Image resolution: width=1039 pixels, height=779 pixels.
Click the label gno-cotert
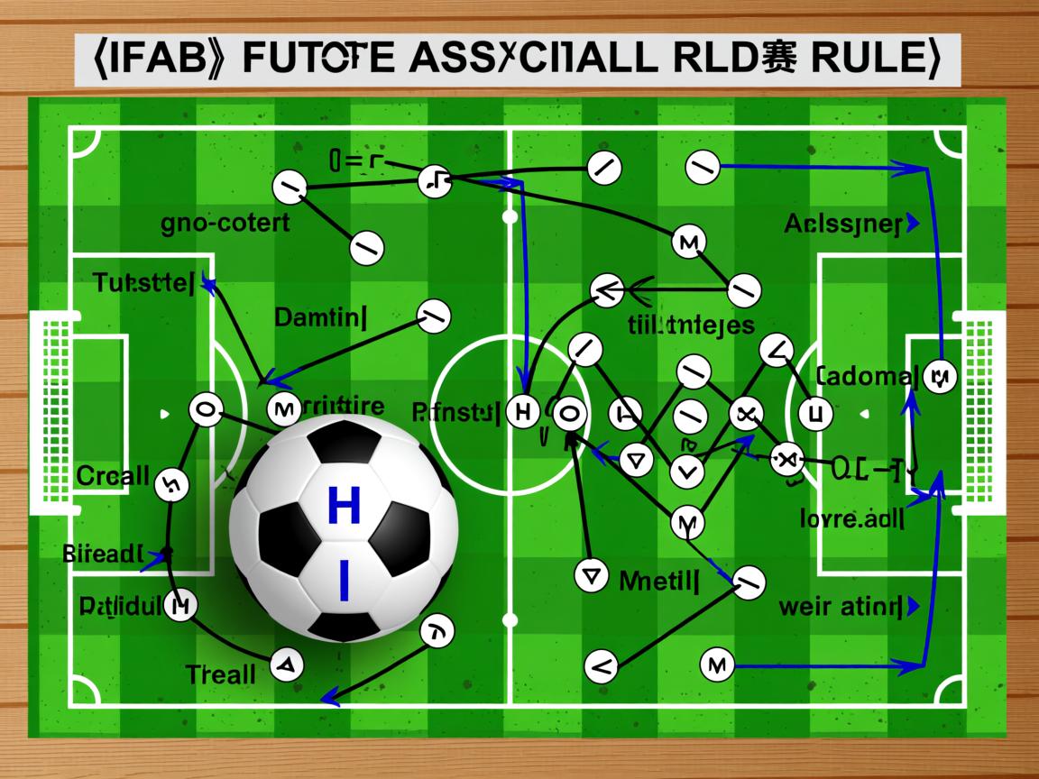(225, 222)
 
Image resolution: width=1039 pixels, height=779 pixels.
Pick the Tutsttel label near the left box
(143, 283)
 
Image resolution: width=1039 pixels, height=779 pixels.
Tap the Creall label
(113, 475)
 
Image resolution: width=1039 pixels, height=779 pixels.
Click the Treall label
(220, 674)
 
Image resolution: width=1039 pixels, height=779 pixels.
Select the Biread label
(104, 554)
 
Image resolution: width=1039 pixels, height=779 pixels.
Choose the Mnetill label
(659, 580)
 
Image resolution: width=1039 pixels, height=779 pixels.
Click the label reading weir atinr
(841, 606)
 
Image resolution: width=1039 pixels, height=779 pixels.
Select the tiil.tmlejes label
(691, 325)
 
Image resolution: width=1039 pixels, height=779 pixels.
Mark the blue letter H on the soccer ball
(344, 506)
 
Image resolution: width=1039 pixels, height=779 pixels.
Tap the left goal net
(51, 413)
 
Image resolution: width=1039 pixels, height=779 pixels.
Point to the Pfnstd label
(455, 414)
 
